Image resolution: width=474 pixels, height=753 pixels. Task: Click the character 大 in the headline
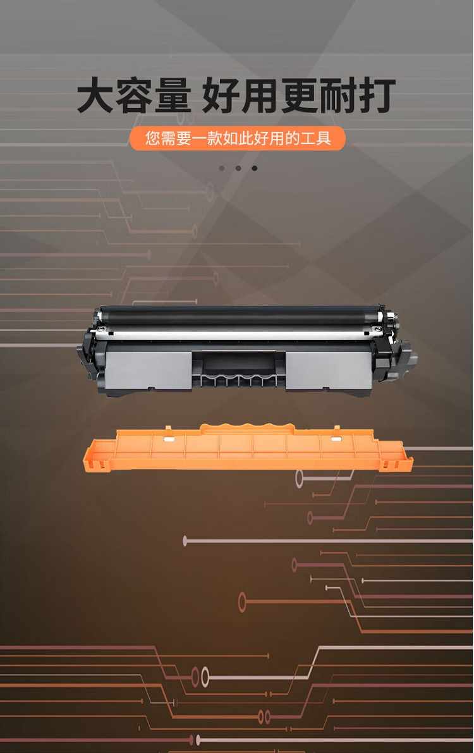pos(95,96)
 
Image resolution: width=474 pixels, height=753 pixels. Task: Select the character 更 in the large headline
pos(299,96)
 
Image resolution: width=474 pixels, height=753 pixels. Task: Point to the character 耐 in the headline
pos(338,96)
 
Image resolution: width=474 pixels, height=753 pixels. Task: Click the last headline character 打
pos(377,96)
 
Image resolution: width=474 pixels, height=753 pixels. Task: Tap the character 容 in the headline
pos(134,96)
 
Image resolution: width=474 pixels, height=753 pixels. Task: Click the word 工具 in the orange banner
pos(316,138)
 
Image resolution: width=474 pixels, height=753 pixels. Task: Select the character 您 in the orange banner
pos(153,138)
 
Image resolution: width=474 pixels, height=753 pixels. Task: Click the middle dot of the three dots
pos(238,168)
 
